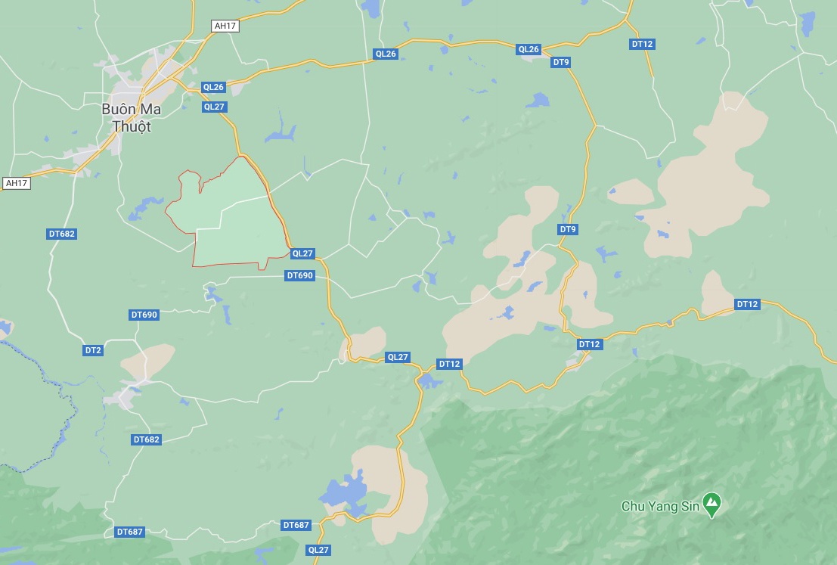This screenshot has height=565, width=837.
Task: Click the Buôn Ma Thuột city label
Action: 132,117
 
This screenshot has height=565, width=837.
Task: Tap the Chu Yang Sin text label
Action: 659,505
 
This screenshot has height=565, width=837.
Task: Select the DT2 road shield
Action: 93,350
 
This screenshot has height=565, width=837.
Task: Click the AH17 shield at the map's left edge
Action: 17,183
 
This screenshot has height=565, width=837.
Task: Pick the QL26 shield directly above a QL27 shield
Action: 214,87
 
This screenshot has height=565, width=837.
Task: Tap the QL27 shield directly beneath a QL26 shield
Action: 214,107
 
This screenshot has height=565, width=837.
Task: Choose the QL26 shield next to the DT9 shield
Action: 529,49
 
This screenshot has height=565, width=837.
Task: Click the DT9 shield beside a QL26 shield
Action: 561,62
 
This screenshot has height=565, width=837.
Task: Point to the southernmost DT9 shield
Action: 568,229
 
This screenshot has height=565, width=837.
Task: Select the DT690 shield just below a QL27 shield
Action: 300,275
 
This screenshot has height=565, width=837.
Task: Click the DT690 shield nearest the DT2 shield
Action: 144,315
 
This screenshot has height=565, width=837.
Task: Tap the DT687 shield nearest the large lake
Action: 296,525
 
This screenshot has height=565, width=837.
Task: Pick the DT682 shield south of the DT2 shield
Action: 147,439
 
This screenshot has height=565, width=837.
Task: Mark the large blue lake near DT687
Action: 344,493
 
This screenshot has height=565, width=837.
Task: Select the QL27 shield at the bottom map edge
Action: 319,550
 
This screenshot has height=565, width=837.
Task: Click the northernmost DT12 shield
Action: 642,44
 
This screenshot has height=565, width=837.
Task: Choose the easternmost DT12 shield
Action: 747,304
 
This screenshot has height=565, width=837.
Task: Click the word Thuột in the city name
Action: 132,126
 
